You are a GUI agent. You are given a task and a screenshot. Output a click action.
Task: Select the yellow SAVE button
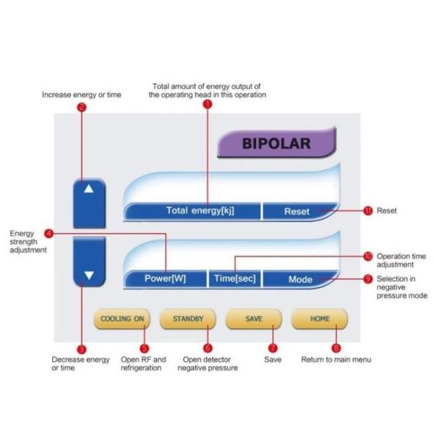tap(253, 319)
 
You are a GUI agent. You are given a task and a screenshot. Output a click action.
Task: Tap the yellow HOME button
tap(320, 319)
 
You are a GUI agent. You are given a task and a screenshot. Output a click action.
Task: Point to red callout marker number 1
tap(208, 105)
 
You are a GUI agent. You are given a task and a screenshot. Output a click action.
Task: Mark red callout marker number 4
tap(48, 234)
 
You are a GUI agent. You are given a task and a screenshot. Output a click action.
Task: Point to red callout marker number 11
tap(367, 210)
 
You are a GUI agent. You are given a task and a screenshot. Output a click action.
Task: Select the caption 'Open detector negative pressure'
tap(208, 364)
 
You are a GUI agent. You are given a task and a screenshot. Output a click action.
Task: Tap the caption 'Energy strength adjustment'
tap(27, 242)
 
